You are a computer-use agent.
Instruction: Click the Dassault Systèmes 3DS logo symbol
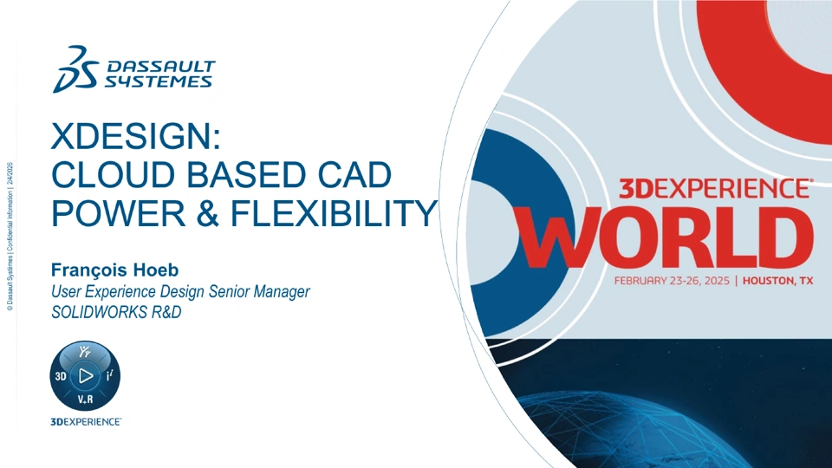click(x=76, y=69)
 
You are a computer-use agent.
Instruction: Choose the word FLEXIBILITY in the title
click(x=333, y=213)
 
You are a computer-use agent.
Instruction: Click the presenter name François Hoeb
click(x=114, y=270)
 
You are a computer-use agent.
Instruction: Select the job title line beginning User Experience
click(x=180, y=291)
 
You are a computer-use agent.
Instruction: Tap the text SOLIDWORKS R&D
click(x=116, y=312)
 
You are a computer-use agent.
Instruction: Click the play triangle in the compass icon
click(x=86, y=375)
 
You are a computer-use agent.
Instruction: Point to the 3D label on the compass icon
click(x=61, y=376)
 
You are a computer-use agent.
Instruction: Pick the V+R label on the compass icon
click(x=86, y=399)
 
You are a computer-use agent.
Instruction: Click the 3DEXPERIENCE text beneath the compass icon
click(x=86, y=422)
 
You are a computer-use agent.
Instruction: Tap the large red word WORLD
click(x=665, y=238)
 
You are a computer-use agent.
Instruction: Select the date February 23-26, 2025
click(x=672, y=281)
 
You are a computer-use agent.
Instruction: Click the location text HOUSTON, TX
click(x=777, y=281)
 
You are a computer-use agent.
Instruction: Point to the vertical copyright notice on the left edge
click(x=10, y=236)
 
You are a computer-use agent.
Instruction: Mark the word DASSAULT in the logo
click(x=161, y=67)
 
